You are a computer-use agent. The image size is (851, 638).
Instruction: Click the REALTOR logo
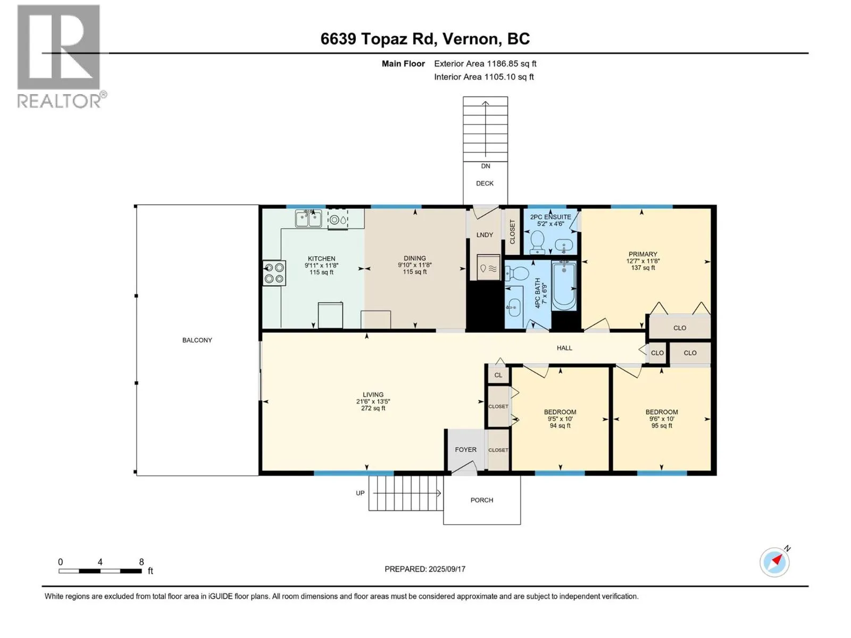click(x=61, y=56)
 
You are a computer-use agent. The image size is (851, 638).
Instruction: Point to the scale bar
click(x=100, y=570)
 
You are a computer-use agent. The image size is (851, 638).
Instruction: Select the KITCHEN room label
click(x=321, y=258)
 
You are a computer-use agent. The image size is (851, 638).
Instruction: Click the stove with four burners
click(x=274, y=273)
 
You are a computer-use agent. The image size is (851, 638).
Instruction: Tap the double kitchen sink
click(x=308, y=219)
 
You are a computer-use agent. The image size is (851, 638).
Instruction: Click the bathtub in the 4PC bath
click(x=564, y=286)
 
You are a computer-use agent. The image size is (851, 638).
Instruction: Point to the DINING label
click(x=414, y=258)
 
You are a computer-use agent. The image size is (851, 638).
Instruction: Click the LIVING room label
click(x=373, y=394)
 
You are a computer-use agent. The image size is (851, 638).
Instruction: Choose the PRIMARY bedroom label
click(x=643, y=254)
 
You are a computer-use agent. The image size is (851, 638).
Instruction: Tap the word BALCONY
click(x=197, y=340)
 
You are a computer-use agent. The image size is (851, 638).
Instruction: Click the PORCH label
click(x=482, y=500)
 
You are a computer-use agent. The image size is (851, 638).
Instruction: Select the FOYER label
click(x=465, y=450)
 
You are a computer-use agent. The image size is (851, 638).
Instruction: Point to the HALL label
click(x=564, y=348)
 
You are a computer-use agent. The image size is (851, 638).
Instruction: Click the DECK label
click(x=485, y=183)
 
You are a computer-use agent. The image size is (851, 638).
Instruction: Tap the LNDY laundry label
click(x=485, y=235)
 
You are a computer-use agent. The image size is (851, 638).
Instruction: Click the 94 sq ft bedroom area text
click(x=560, y=425)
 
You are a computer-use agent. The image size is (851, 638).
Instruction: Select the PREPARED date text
click(x=425, y=569)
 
